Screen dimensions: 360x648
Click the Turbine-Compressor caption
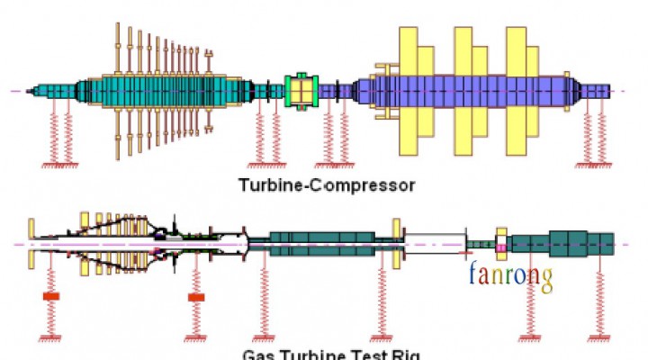[x=327, y=186]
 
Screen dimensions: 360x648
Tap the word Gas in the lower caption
[x=259, y=354]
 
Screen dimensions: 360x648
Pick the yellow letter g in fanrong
[x=544, y=275]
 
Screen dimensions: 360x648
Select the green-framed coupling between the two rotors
[x=301, y=91]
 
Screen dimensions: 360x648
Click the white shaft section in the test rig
[x=436, y=243]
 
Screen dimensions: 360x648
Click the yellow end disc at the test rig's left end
[x=31, y=243]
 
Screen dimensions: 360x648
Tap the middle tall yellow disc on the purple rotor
[x=463, y=90]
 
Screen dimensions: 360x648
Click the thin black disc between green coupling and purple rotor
[x=332, y=90]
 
